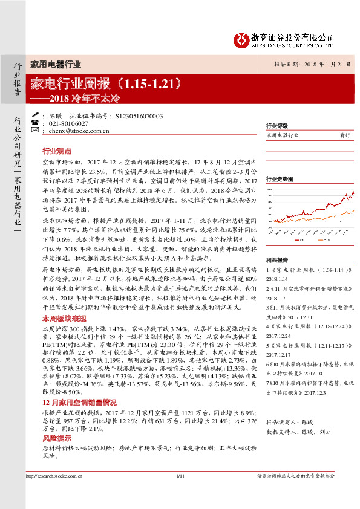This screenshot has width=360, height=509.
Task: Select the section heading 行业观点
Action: [x=57, y=151]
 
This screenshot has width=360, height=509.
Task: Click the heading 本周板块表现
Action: [x=64, y=317]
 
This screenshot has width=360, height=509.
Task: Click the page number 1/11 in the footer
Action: [x=180, y=493]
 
